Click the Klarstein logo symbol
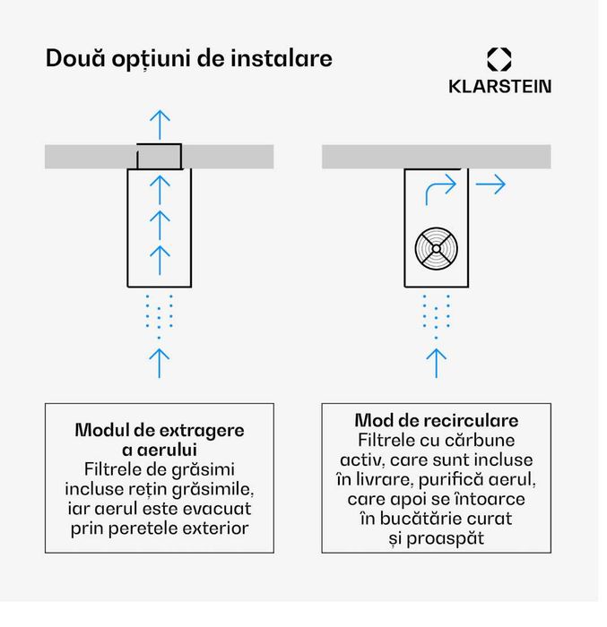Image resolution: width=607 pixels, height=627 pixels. coord(499,59)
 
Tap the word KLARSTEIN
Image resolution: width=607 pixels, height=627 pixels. coord(499,86)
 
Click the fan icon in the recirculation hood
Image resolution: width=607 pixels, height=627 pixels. coord(436,249)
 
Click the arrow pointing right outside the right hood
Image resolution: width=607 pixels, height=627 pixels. coord(490,185)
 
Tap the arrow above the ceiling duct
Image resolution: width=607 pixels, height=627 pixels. coord(160,125)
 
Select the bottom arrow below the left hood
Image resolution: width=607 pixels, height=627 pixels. coord(160,363)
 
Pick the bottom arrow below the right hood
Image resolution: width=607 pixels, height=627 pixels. coord(436,363)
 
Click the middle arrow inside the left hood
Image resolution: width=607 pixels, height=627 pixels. coord(160,225)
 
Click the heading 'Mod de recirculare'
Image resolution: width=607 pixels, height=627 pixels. coord(436,420)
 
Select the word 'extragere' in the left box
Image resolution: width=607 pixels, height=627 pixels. coord(202,431)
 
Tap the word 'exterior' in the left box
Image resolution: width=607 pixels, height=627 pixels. coord(216,528)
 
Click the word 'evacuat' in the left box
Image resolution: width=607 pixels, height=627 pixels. coord(217,509)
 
